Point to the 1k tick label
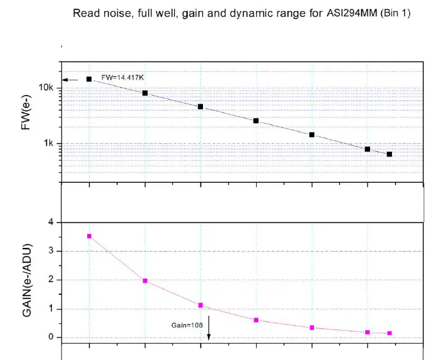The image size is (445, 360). (49, 144)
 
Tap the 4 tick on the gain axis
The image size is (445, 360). (51, 222)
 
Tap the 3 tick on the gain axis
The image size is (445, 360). (51, 251)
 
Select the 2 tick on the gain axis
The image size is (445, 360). (51, 280)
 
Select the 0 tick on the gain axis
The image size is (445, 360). (51, 337)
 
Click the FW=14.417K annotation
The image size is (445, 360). (123, 77)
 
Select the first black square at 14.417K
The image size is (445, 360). (89, 79)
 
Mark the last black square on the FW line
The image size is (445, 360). (390, 154)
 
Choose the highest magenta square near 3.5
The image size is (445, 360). (89, 236)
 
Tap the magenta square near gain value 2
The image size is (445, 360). (145, 281)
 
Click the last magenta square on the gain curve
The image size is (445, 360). (390, 333)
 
